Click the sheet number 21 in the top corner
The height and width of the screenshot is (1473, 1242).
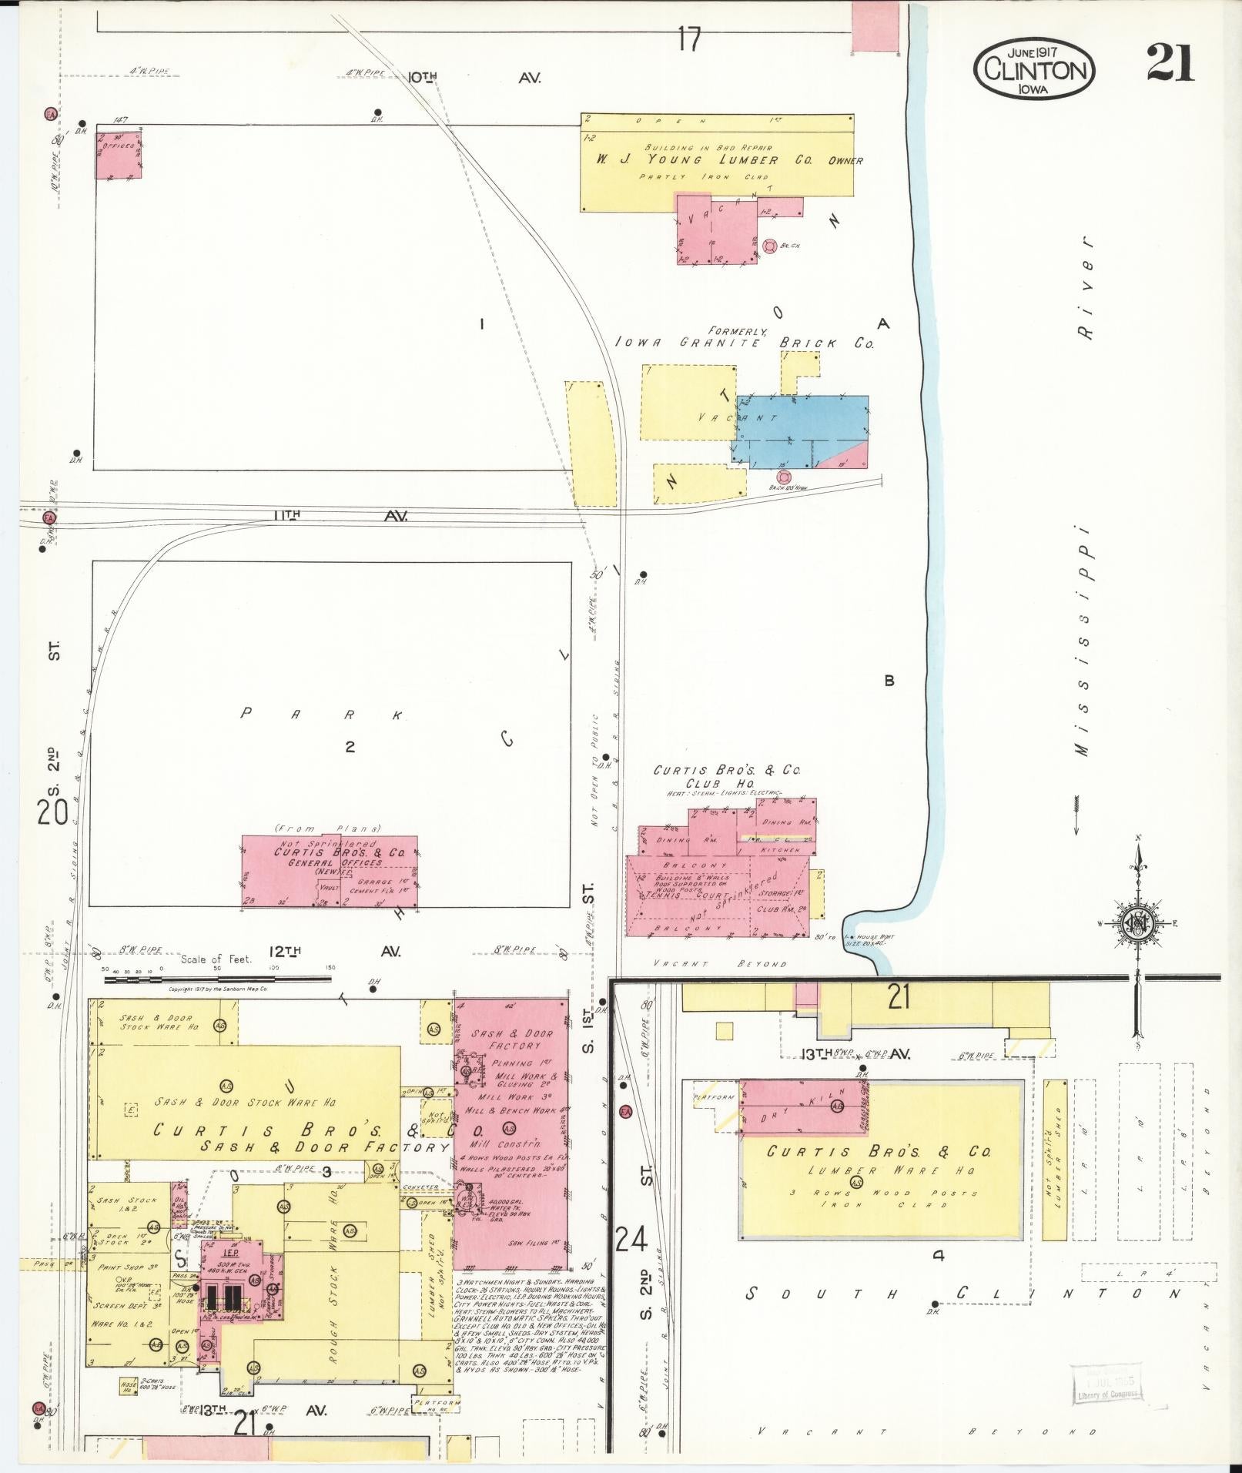pyautogui.click(x=1170, y=62)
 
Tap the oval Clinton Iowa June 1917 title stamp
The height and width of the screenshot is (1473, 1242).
pyautogui.click(x=1033, y=69)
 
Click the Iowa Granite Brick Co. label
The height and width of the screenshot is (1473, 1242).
pyautogui.click(x=745, y=343)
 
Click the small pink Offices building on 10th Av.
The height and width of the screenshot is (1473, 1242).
pyautogui.click(x=118, y=155)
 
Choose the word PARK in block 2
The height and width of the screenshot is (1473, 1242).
pyautogui.click(x=322, y=714)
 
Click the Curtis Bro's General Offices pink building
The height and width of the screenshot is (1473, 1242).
pyautogui.click(x=330, y=872)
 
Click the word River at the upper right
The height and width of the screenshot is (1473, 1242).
pyautogui.click(x=1086, y=287)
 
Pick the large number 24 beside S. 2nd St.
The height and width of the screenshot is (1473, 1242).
pyautogui.click(x=631, y=1240)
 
